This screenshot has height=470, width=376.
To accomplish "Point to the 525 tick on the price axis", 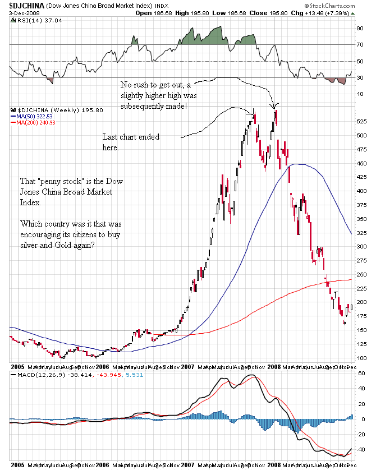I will pyautogui.click(x=363, y=121).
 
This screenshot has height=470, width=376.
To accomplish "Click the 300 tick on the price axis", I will pyautogui.click(x=363, y=247).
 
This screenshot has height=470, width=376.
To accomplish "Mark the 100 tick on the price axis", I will pyautogui.click(x=363, y=358).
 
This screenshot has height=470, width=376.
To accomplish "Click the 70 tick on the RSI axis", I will pyautogui.click(x=360, y=44).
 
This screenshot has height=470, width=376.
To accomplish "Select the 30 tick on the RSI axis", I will pyautogui.click(x=360, y=77).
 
